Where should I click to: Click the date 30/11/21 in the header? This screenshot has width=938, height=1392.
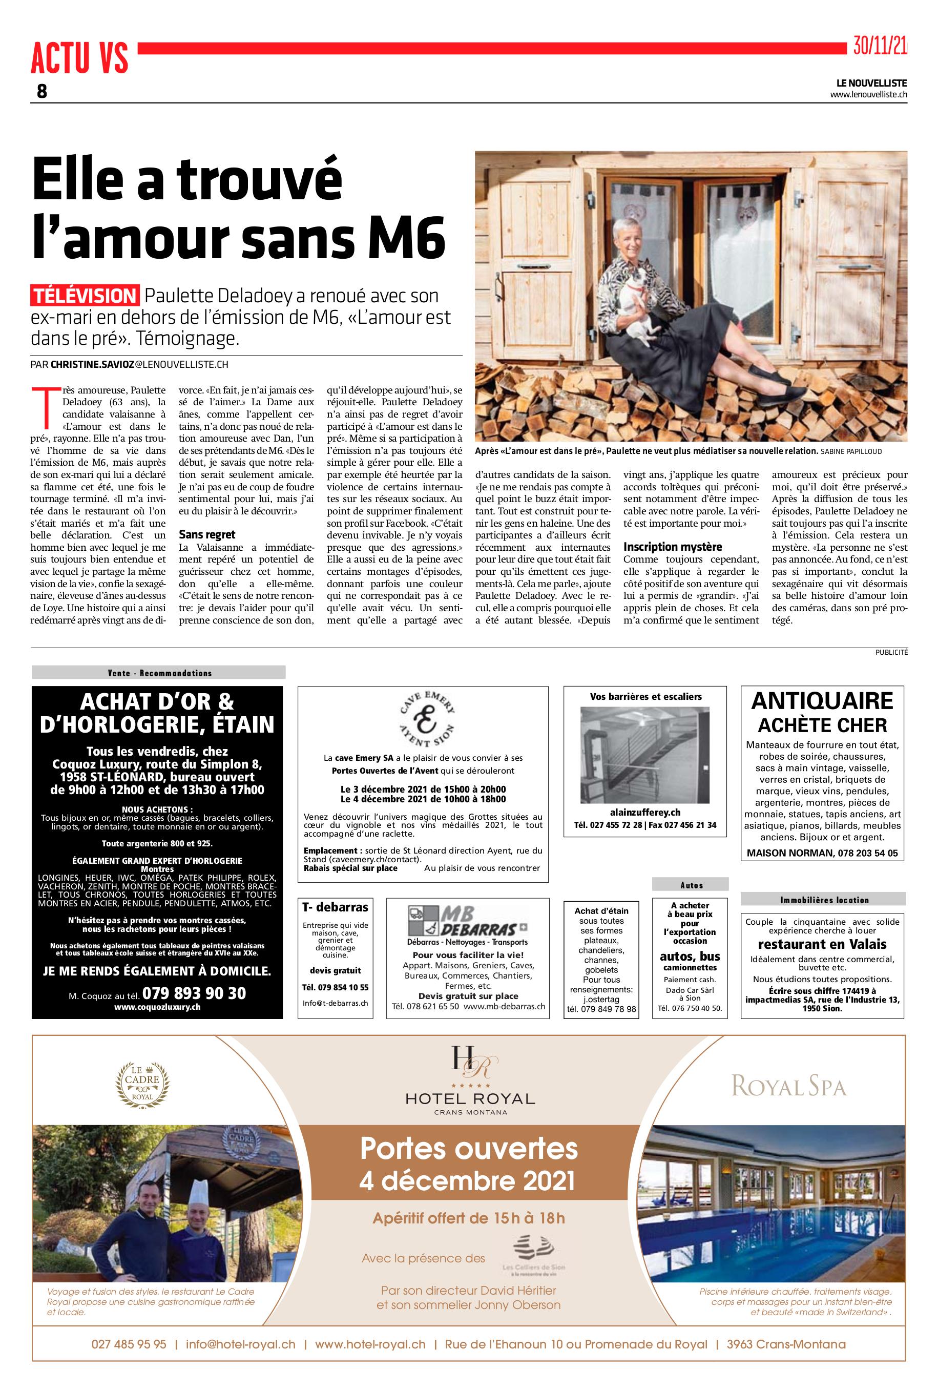(x=880, y=46)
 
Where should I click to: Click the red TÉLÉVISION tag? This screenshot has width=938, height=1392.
(x=85, y=296)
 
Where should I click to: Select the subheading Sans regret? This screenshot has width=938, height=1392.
(x=207, y=534)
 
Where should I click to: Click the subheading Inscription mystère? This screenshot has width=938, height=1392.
(x=673, y=547)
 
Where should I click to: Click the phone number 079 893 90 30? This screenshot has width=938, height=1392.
(x=194, y=993)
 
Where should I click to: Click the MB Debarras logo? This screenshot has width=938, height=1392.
(x=460, y=921)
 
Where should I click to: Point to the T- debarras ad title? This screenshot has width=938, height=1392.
(x=335, y=907)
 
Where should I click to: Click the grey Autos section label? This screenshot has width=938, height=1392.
(x=691, y=885)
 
